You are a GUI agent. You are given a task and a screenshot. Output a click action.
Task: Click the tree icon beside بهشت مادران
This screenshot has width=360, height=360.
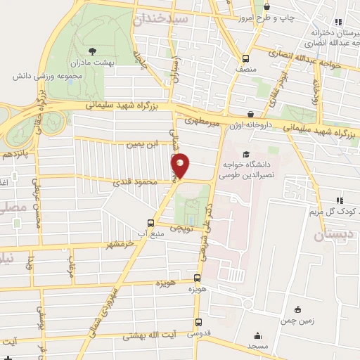(93, 50)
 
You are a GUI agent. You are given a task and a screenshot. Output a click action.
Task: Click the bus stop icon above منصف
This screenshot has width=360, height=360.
(245, 58)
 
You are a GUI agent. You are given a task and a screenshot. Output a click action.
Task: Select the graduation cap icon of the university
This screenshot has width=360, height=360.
(245, 155)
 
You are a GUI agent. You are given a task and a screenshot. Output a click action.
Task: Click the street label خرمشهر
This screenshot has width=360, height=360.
(120, 244)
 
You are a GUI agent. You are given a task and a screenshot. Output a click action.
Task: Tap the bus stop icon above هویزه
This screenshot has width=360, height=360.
(197, 278)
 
